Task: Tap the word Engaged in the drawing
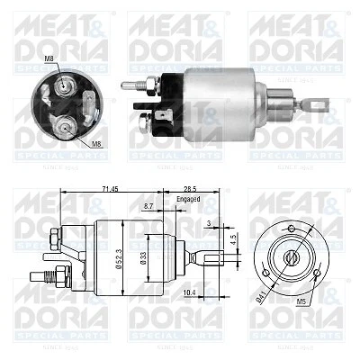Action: click(x=188, y=198)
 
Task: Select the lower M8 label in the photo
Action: click(x=95, y=143)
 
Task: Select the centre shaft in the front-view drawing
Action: click(x=292, y=256)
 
